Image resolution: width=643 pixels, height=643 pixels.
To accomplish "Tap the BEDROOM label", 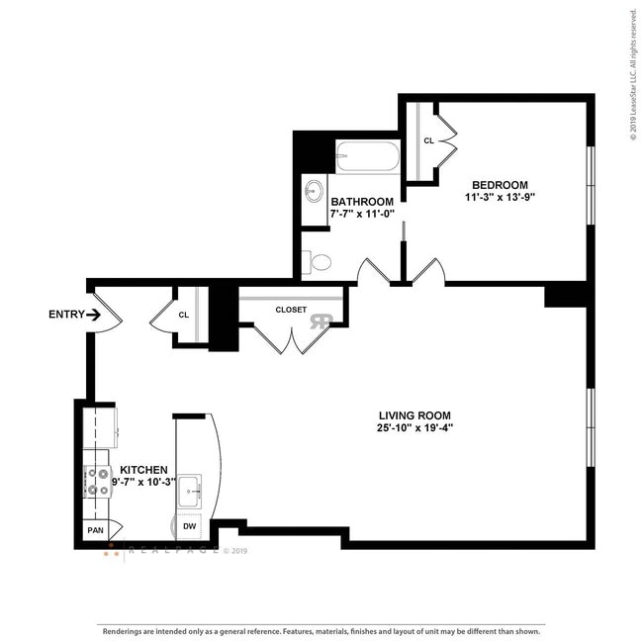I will click(500, 185).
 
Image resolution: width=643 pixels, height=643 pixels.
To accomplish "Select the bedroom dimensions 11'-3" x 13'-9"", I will click(500, 198).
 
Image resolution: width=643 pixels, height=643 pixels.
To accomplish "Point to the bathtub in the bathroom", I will click(367, 156).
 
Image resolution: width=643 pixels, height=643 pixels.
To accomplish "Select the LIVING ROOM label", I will click(415, 415).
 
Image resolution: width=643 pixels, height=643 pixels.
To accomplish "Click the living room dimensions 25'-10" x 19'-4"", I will click(415, 428).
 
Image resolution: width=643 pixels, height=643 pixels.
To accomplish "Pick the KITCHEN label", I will click(143, 470).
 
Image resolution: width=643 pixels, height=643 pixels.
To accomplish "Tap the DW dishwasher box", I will click(189, 527).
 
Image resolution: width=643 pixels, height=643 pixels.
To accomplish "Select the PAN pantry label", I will click(95, 531).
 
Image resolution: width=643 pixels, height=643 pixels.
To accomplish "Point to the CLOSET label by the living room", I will click(291, 310).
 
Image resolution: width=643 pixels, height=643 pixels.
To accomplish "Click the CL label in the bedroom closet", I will click(428, 141).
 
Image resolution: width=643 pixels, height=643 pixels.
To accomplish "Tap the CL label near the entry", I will click(184, 316).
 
